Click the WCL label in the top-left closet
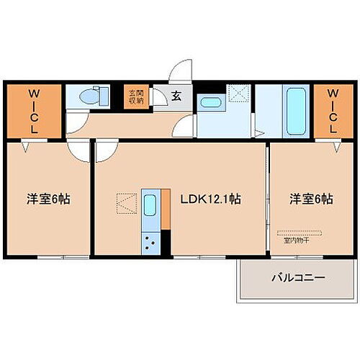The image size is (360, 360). point(34,110)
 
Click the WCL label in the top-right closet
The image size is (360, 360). point(333,110)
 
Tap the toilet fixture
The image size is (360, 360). point(91,96)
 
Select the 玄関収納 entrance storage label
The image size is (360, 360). point(136,97)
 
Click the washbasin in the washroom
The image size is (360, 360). point(210,102)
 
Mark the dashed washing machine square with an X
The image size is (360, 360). point(237,95)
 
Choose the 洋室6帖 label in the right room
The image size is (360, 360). point(312,199)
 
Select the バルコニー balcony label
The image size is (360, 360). point(298,277)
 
